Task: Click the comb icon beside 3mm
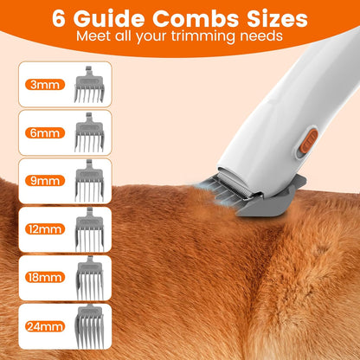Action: [89, 85]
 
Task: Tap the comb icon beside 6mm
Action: [89, 133]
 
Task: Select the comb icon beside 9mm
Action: [89, 182]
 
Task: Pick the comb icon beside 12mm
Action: [89, 229]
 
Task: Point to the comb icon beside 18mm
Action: [89, 278]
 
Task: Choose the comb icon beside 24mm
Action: [89, 326]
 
